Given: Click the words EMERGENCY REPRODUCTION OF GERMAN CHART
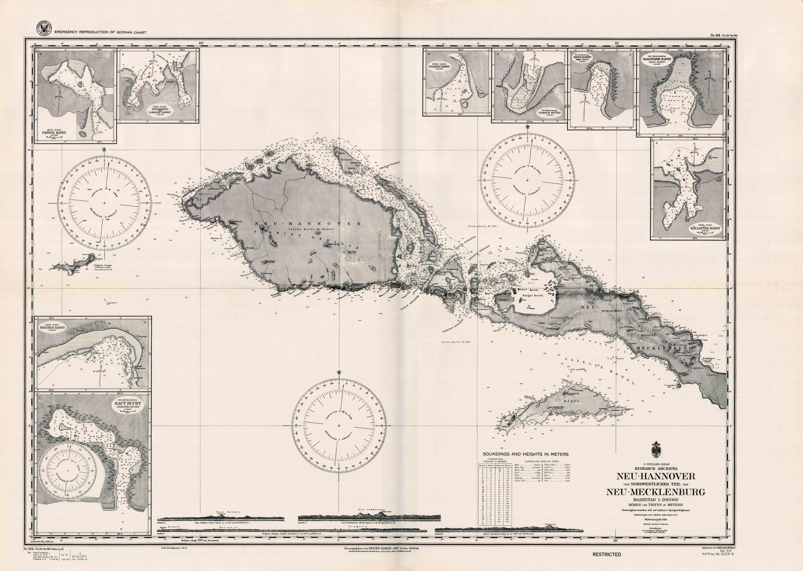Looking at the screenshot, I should click(100, 32).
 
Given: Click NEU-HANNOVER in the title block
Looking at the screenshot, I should click(655, 476).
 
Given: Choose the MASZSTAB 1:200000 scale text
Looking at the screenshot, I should click(655, 500).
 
